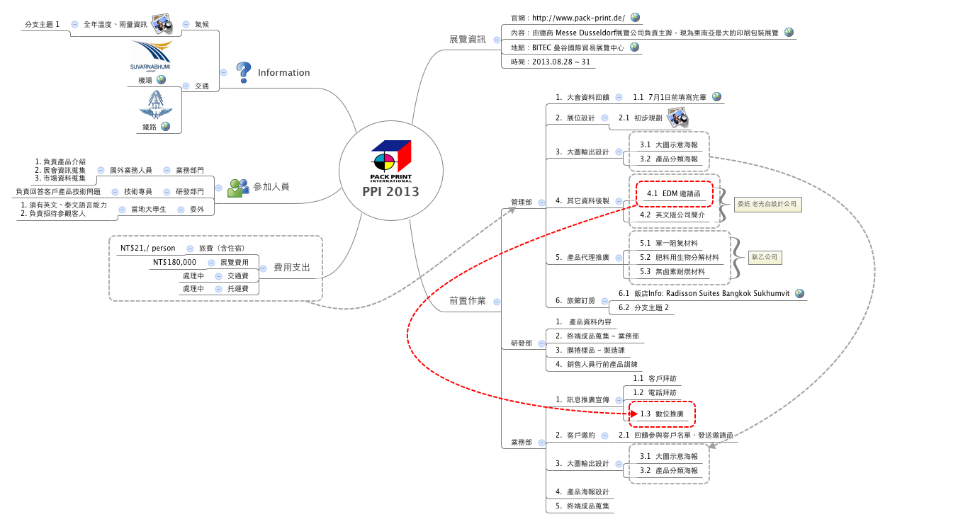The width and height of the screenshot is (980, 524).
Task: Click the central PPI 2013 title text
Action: (x=390, y=192)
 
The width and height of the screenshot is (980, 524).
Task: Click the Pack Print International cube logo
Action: (x=391, y=161)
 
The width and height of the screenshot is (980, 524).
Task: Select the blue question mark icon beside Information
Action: (x=243, y=72)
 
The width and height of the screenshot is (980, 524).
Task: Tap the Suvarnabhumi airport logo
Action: (x=151, y=56)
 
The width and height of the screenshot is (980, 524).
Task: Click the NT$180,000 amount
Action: (x=174, y=262)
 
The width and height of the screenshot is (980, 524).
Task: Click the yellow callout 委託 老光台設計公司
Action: (x=767, y=204)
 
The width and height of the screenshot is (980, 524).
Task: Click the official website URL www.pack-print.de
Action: (x=578, y=18)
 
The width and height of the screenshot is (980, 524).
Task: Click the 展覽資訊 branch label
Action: (x=468, y=40)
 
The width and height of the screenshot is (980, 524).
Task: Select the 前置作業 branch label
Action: (x=468, y=301)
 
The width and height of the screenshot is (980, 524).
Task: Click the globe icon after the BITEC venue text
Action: (x=634, y=47)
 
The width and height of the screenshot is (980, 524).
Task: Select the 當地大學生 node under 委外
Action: (x=148, y=209)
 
